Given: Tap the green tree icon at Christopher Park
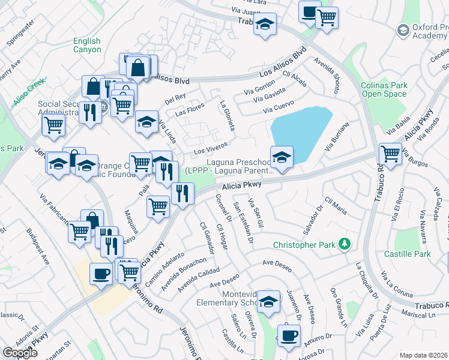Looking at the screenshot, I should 345,244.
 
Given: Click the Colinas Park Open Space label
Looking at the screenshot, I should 384,89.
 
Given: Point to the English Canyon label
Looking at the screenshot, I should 87,46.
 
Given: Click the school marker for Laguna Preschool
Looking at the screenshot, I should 282,157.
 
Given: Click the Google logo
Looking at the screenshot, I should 20,353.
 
